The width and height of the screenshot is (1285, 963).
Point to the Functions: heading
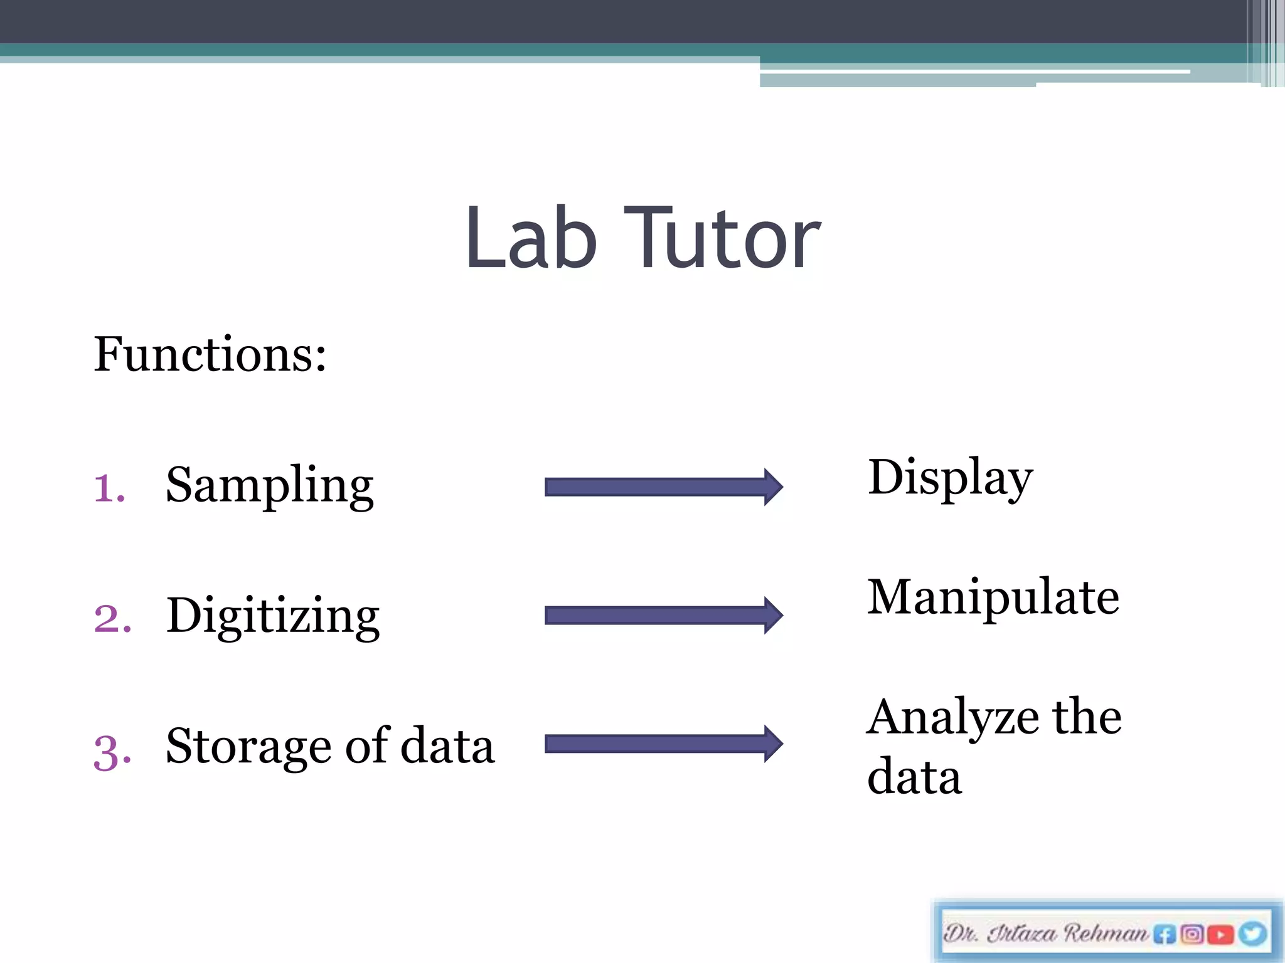tap(210, 355)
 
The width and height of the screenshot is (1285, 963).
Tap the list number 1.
tap(109, 488)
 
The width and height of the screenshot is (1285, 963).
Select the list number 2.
tap(112, 618)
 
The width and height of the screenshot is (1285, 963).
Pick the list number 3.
tap(112, 751)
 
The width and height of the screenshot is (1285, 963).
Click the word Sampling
tap(270, 487)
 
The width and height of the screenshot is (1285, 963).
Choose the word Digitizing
tap(273, 616)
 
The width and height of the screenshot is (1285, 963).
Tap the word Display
tap(950, 478)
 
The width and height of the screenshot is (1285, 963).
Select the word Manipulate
tap(993, 597)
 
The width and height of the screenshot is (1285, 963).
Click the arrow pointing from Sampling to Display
tap(663, 487)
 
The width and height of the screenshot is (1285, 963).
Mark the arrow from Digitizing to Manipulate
tap(663, 616)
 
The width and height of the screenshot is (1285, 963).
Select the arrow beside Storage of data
tap(663, 744)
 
